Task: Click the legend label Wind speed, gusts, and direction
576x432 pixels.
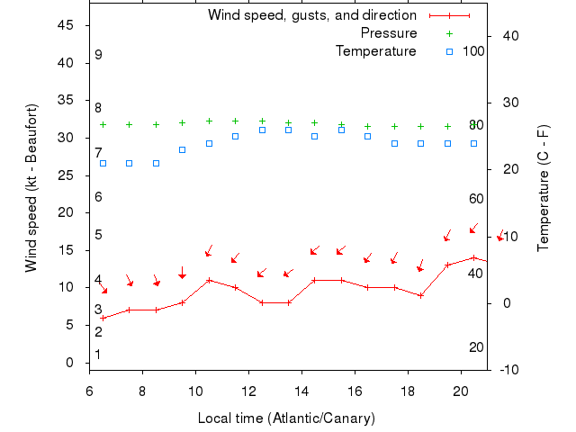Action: click(x=311, y=15)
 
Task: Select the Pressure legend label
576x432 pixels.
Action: click(x=388, y=33)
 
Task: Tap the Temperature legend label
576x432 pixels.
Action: click(x=375, y=51)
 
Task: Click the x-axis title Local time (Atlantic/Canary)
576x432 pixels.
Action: click(x=286, y=418)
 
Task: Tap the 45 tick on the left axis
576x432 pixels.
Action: click(x=65, y=25)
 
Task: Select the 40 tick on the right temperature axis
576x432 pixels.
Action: click(x=506, y=36)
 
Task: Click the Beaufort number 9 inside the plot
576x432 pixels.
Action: click(x=98, y=55)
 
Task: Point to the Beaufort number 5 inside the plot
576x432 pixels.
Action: click(x=98, y=235)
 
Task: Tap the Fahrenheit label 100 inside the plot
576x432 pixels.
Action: click(x=473, y=50)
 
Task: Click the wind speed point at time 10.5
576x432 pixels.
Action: click(x=209, y=280)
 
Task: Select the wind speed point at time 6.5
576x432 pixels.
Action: click(x=103, y=318)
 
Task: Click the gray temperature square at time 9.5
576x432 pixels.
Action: click(x=182, y=149)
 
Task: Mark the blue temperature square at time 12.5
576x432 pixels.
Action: click(x=262, y=130)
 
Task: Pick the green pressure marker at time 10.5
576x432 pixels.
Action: click(x=209, y=121)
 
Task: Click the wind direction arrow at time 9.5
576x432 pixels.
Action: click(x=182, y=273)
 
